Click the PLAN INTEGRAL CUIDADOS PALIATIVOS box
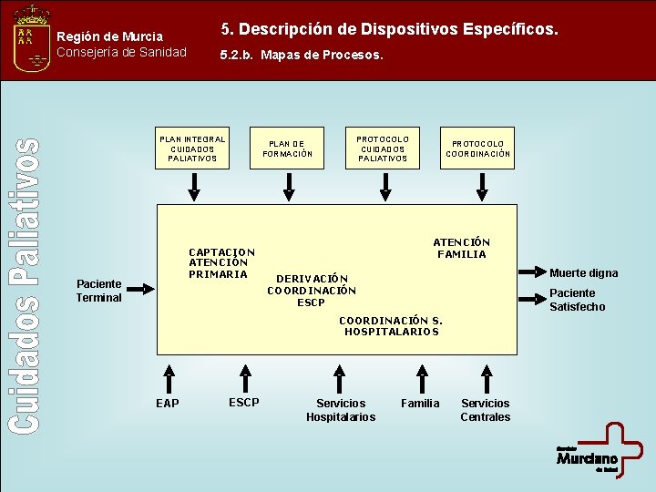click(x=192, y=149)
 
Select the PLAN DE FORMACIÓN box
click(x=288, y=149)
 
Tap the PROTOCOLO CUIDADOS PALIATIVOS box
click(x=384, y=149)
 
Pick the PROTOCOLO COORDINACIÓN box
click(x=478, y=149)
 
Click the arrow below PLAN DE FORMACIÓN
click(x=288, y=186)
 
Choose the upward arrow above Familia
click(x=421, y=376)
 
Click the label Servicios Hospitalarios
click(x=341, y=410)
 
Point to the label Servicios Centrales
click(x=485, y=410)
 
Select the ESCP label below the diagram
click(x=243, y=402)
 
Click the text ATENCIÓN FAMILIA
click(x=461, y=248)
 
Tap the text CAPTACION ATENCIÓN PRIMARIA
click(x=221, y=263)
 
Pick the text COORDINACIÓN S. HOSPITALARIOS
click(x=391, y=326)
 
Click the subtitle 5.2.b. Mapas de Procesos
click(x=302, y=55)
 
